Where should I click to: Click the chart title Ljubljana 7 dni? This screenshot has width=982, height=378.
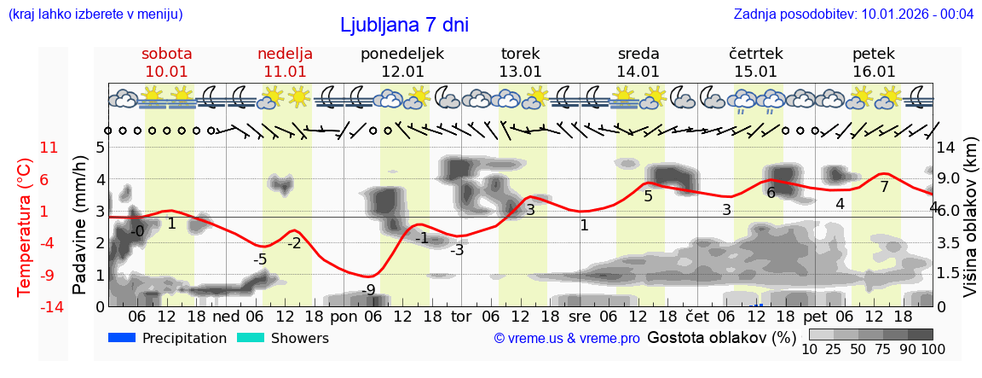click(404, 25)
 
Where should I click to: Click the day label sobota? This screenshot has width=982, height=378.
click(166, 54)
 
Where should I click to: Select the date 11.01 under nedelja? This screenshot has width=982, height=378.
click(285, 72)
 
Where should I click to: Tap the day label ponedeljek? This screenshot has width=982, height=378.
click(402, 54)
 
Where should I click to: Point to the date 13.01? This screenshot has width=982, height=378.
click(520, 72)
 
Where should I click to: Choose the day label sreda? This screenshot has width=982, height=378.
click(638, 54)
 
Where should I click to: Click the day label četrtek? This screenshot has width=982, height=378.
click(756, 54)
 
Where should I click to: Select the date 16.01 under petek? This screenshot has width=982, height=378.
click(874, 72)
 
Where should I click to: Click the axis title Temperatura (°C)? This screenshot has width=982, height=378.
click(24, 226)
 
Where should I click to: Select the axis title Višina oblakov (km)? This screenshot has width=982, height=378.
click(970, 226)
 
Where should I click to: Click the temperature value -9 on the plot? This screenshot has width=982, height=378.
click(368, 290)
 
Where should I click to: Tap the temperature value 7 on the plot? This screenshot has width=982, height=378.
click(884, 187)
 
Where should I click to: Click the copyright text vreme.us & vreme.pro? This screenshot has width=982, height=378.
click(567, 339)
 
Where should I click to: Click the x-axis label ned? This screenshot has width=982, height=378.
click(226, 316)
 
